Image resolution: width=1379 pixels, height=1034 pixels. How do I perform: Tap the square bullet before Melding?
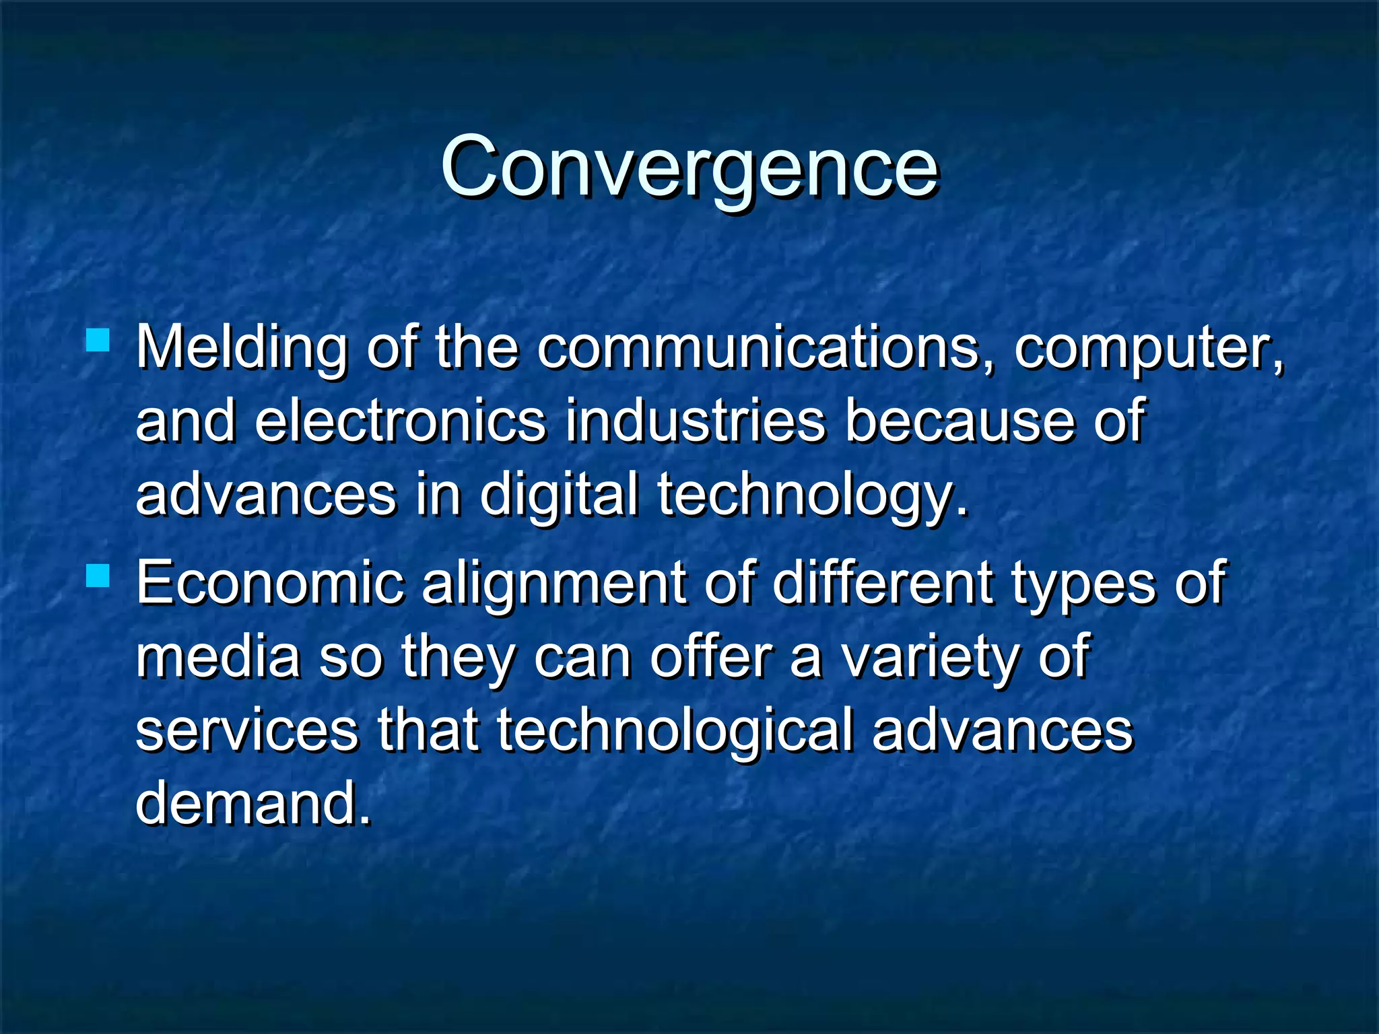pos(98,340)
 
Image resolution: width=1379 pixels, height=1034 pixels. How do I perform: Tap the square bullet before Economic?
pos(98,576)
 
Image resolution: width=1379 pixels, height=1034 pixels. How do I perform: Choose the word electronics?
pos(401,421)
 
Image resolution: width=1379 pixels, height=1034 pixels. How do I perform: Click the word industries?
pos(695,421)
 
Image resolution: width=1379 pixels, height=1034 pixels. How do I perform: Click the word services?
pos(247,731)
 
